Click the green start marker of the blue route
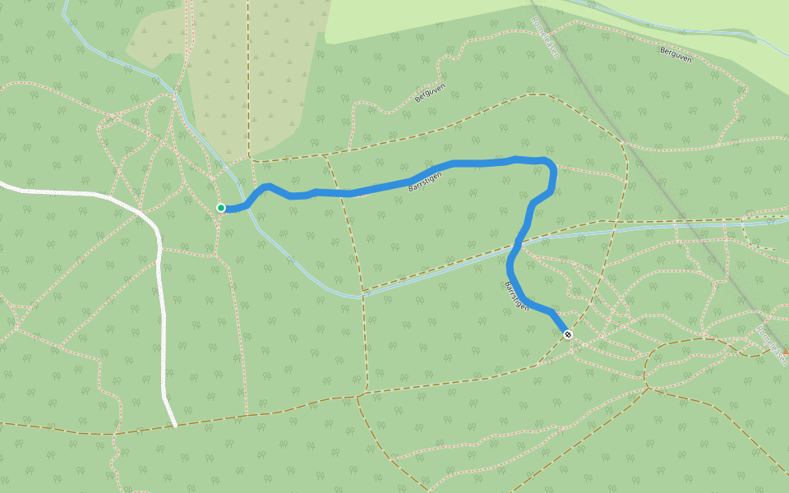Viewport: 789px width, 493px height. click(221, 208)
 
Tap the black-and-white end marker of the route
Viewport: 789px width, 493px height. click(567, 334)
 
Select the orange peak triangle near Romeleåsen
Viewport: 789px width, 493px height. click(785, 350)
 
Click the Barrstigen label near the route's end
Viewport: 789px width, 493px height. click(515, 296)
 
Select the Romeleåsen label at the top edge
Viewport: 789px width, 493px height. click(545, 37)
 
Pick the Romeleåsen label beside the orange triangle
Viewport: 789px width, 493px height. click(771, 344)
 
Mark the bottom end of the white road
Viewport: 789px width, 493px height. click(175, 425)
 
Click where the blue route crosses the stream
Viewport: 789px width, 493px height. click(517, 243)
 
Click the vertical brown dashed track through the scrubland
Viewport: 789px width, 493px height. click(247, 82)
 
